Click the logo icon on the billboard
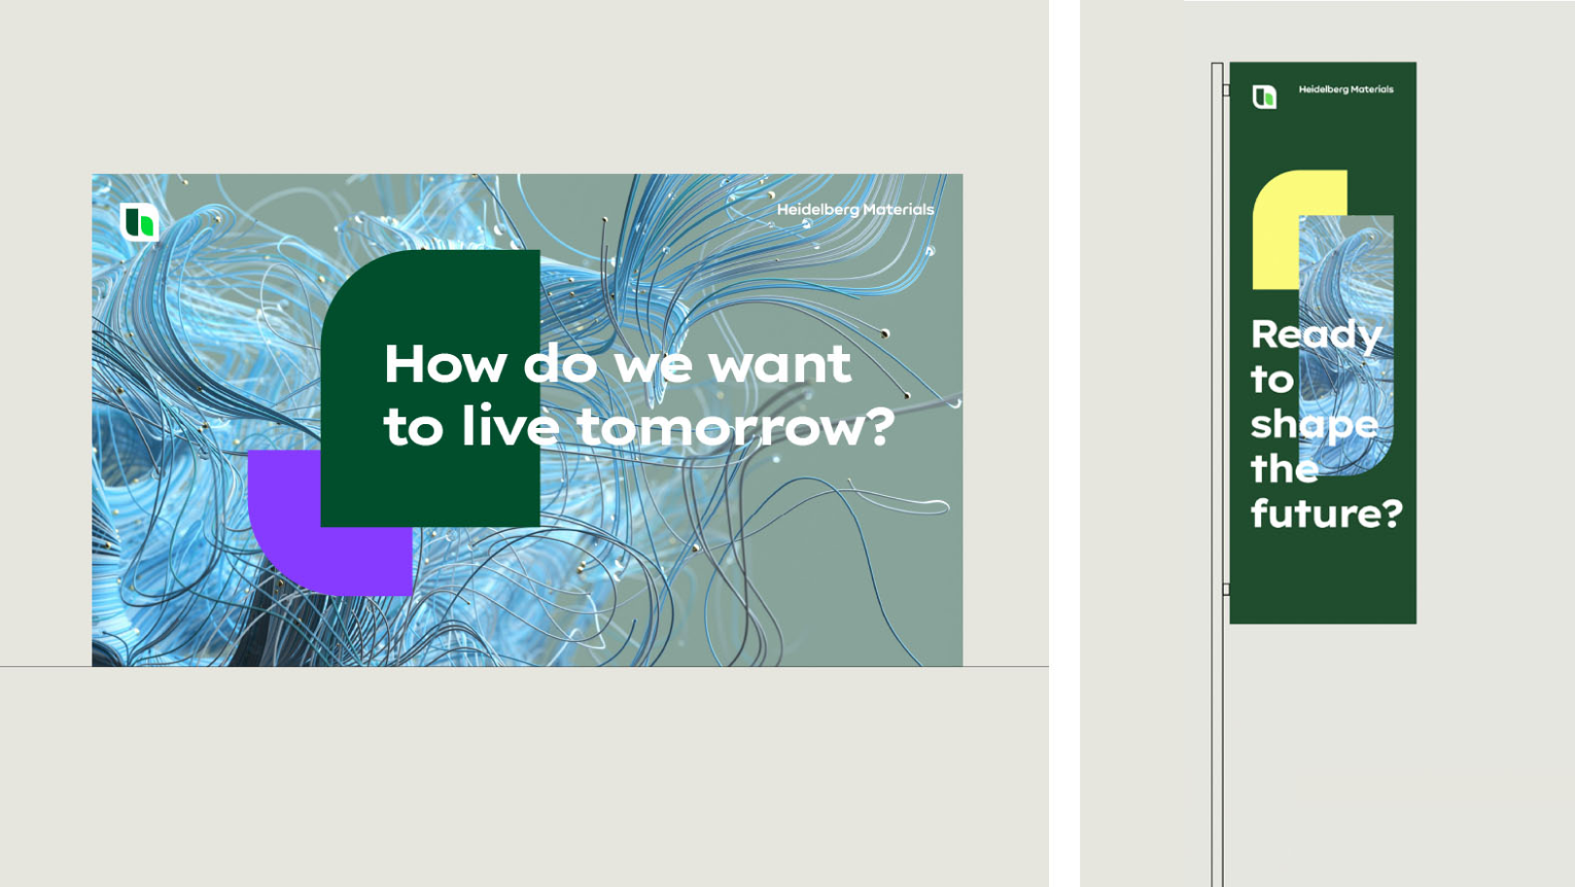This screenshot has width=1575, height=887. click(x=139, y=223)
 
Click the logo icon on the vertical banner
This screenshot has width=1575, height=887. click(x=1265, y=96)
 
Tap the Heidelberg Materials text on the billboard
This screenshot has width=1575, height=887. click(x=855, y=210)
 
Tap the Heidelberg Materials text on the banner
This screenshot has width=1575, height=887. click(x=1346, y=89)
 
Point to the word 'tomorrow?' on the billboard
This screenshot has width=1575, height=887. click(x=735, y=426)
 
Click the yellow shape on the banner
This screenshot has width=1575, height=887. click(x=1277, y=232)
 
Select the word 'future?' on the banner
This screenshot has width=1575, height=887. click(x=1327, y=513)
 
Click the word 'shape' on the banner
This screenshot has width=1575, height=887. click(x=1314, y=426)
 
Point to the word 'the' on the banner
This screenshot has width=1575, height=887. click(x=1284, y=468)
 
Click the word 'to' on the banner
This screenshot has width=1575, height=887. click(x=1272, y=380)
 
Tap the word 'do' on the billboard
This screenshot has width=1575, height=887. click(x=560, y=364)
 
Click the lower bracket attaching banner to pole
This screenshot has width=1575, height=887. click(x=1226, y=589)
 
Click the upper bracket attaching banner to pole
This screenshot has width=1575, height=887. click(x=1226, y=90)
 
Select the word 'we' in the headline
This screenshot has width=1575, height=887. click(x=652, y=368)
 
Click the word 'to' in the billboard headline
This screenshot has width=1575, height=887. click(x=413, y=427)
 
